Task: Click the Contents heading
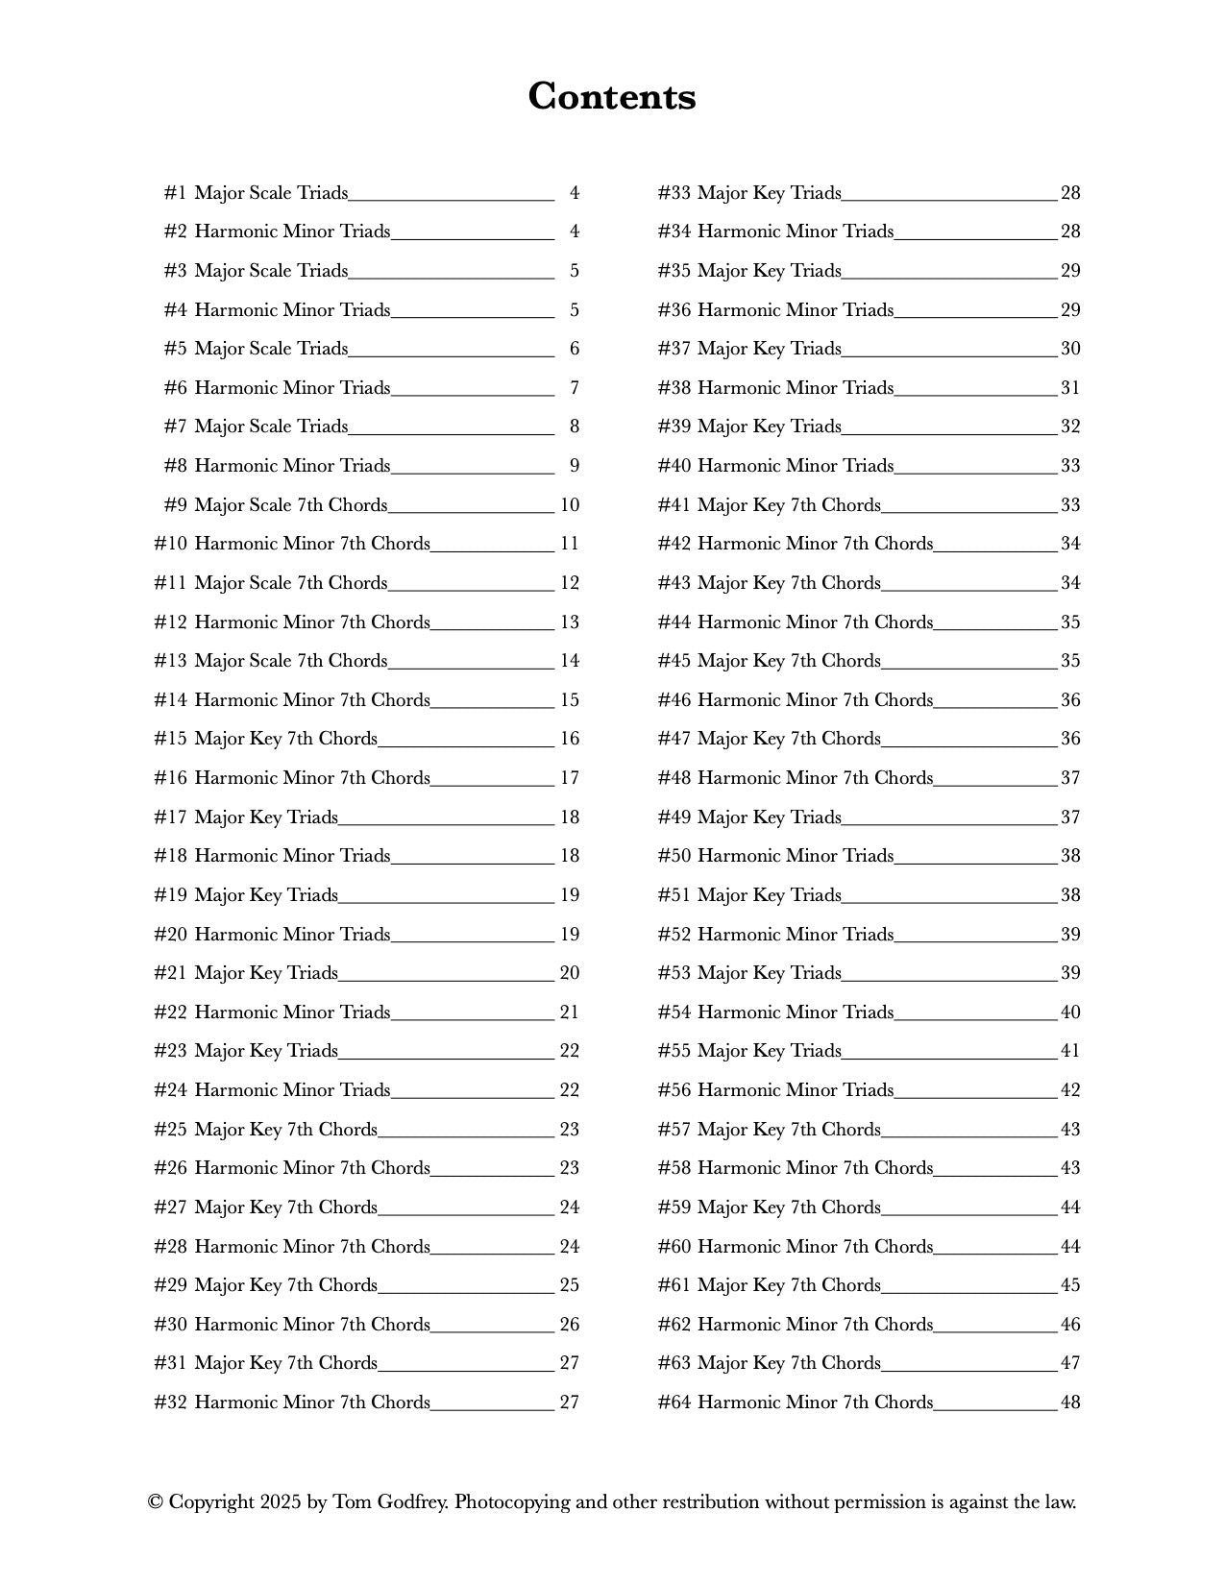[x=612, y=97]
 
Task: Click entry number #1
[x=175, y=193]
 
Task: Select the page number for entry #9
[x=570, y=505]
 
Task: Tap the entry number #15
[x=170, y=739]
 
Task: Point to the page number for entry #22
[x=570, y=1012]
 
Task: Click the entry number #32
[x=170, y=1402]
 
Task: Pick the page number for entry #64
[x=1070, y=1402]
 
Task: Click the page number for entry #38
[x=1070, y=388]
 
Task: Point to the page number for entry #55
[x=1070, y=1051]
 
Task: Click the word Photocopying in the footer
[x=512, y=1502]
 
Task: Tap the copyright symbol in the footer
[x=155, y=1502]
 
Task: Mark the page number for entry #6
[x=575, y=388]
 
